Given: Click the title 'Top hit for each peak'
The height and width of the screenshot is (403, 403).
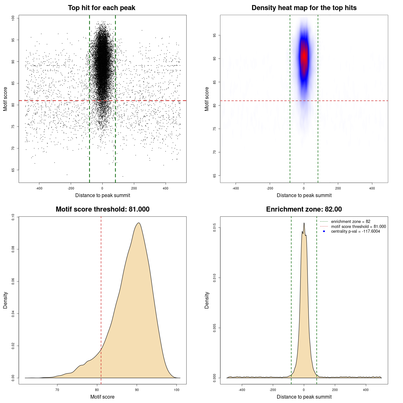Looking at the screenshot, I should coord(102,8).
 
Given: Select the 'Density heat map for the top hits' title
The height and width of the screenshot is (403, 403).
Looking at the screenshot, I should coord(304,8).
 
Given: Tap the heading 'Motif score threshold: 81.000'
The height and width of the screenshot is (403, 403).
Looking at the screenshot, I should coord(102,209).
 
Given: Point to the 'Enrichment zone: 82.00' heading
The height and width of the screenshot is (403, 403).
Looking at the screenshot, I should coord(304,209).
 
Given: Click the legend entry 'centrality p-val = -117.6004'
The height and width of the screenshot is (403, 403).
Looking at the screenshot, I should coord(355,231).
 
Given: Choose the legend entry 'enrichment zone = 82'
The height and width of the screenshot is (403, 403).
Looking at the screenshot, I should coord(350,222).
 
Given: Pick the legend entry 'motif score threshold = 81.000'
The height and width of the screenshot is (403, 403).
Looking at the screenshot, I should coord(358,226).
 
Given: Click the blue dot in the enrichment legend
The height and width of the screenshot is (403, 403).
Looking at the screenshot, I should coord(324,231).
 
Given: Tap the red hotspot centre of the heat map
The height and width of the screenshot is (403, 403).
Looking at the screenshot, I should coord(304,57).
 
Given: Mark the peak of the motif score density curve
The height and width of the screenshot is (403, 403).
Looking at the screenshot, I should coord(138,223).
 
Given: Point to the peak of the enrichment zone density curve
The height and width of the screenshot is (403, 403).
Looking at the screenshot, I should coord(304,223).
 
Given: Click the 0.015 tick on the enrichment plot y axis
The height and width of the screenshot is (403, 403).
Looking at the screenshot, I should coord(214,228).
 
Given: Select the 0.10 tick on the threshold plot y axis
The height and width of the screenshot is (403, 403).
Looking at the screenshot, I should coord(13,217).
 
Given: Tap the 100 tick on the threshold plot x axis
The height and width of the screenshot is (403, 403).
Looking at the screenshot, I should coord(177,390).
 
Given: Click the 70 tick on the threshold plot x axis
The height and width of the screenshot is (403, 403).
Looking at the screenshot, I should coord(57,390).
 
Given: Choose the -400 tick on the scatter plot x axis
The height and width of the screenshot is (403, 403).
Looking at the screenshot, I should coord(39,188).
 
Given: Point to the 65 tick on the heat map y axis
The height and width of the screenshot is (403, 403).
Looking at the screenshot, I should coord(214,175).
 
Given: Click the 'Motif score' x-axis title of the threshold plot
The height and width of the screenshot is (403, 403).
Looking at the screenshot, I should coord(102,397).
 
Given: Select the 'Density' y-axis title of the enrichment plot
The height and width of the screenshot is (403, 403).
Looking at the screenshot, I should coord(207,300).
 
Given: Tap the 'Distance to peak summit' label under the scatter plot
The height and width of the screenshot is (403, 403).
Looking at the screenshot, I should coord(103,195).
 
